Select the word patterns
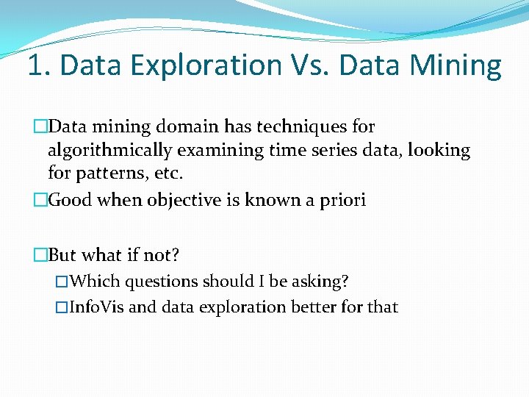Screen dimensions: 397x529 pyautogui.click(x=108, y=174)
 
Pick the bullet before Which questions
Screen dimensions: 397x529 pyautogui.click(x=62, y=282)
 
